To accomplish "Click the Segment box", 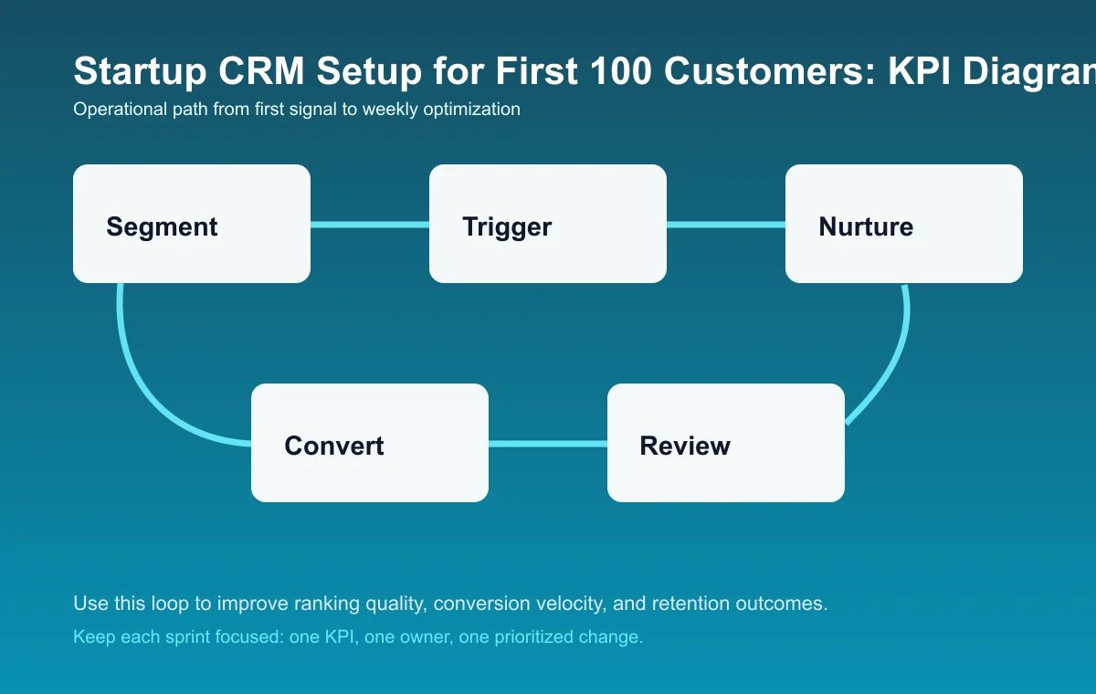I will click(192, 224).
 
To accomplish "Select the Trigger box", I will click(548, 224).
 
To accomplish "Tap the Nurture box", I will click(904, 224).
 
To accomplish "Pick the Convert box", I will click(370, 443).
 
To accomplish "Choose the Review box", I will click(726, 443).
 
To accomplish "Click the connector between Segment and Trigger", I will click(370, 225).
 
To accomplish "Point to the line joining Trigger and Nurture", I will click(726, 225).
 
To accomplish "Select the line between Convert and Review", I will click(548, 444).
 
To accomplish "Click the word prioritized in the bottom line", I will click(540, 636).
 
